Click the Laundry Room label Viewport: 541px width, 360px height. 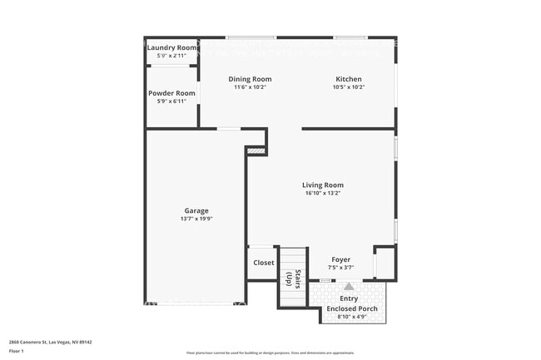coord(171,48)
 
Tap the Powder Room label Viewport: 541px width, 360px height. coord(171,93)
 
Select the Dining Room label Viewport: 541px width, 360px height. coord(251,80)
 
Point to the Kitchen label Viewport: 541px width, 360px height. coord(349,80)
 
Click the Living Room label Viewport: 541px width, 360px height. coord(323,185)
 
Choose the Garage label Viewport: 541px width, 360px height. coord(196,211)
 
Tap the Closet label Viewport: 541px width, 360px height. coord(264,263)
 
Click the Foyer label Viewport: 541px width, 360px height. coord(341,259)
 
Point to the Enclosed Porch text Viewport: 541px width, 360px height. coord(352,309)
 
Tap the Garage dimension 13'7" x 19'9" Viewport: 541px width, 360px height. coord(196,219)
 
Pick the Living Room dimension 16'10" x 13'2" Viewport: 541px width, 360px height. coord(323,193)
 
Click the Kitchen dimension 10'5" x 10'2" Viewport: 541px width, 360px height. coord(349,87)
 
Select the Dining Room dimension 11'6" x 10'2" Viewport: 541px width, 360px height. coord(251,87)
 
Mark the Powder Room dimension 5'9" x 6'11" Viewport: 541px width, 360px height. coord(171,101)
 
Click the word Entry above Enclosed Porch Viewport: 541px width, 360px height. coord(349,298)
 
